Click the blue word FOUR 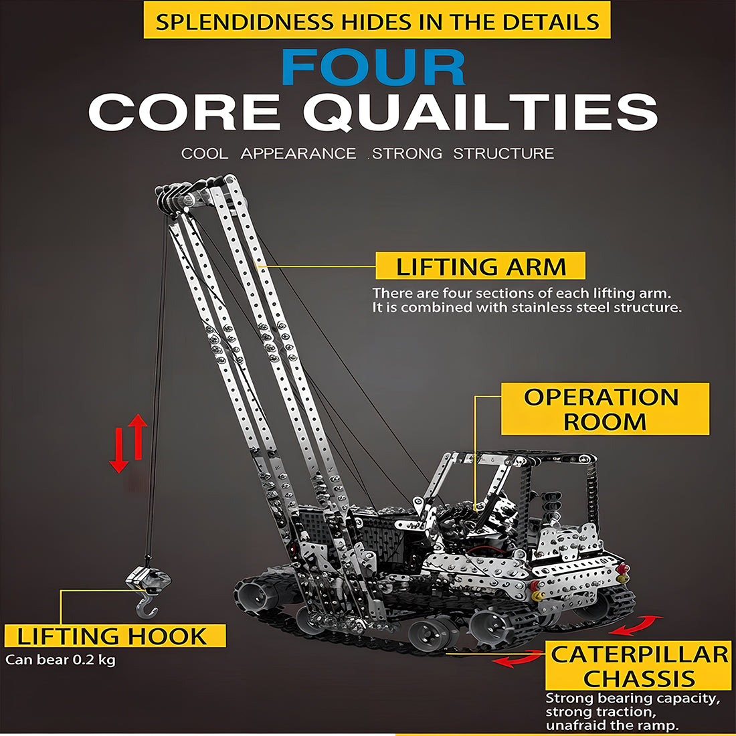(373, 67)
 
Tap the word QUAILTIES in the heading (480, 112)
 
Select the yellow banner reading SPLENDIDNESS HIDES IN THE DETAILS (377, 20)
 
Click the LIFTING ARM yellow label (480, 266)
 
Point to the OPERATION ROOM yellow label (605, 408)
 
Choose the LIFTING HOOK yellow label (114, 636)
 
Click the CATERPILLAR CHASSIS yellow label (638, 666)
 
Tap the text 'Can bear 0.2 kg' (60, 660)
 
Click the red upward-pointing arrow (138, 436)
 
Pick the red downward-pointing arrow (118, 450)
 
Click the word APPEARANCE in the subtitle (298, 153)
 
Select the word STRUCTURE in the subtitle (503, 153)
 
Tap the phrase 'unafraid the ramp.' (612, 725)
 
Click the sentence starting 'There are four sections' (521, 293)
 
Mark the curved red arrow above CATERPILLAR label (636, 625)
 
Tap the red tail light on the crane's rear (622, 569)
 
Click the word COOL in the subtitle (205, 153)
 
